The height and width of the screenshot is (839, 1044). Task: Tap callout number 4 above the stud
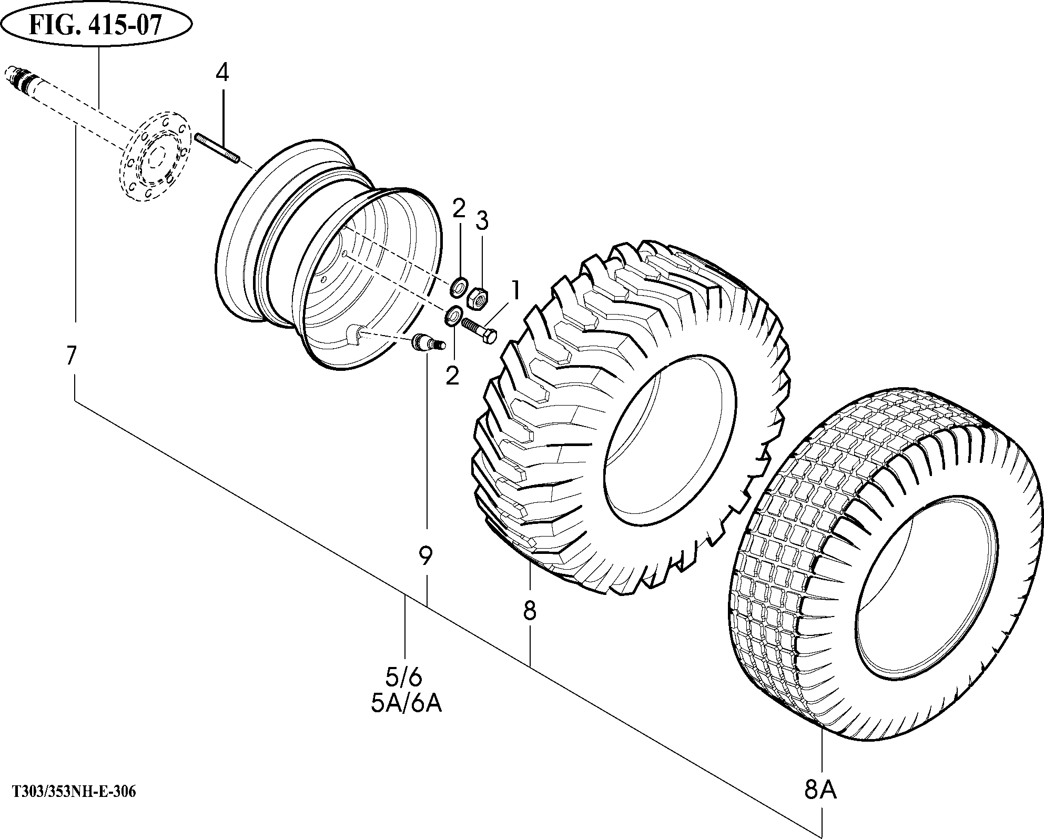[x=222, y=73]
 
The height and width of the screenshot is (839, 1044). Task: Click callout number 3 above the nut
[x=482, y=221]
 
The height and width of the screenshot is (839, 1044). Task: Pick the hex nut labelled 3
[x=478, y=298]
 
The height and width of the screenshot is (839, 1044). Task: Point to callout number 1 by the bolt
[x=515, y=290]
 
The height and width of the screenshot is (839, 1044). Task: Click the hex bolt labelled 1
[x=478, y=332]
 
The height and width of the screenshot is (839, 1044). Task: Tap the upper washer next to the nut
[x=458, y=288]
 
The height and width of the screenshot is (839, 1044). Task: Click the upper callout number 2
[x=459, y=209]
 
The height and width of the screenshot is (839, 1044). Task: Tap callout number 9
[x=425, y=556]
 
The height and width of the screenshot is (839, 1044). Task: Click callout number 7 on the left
[x=72, y=356]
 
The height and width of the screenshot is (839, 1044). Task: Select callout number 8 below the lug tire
[x=529, y=610]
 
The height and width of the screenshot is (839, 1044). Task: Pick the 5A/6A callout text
[x=406, y=704]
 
